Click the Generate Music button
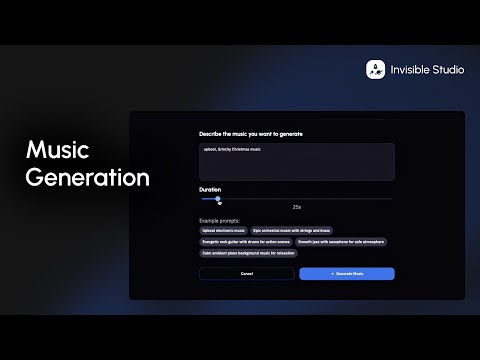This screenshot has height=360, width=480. pos(347,273)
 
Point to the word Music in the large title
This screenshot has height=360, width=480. pos(57,151)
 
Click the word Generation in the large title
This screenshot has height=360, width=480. pos(88,179)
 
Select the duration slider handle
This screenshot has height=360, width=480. pos(218,199)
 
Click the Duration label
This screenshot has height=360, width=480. pos(210,189)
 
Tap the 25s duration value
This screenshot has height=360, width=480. pos(297,207)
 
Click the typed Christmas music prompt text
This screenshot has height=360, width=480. pos(231,150)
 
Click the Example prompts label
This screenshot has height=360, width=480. pos(219,219)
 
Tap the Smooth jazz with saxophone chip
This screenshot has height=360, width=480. pos(341,241)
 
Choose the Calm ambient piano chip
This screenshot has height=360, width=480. pos(248,253)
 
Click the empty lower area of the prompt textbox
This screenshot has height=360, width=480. pos(297,170)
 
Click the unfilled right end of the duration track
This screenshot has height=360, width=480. pos(370,199)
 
